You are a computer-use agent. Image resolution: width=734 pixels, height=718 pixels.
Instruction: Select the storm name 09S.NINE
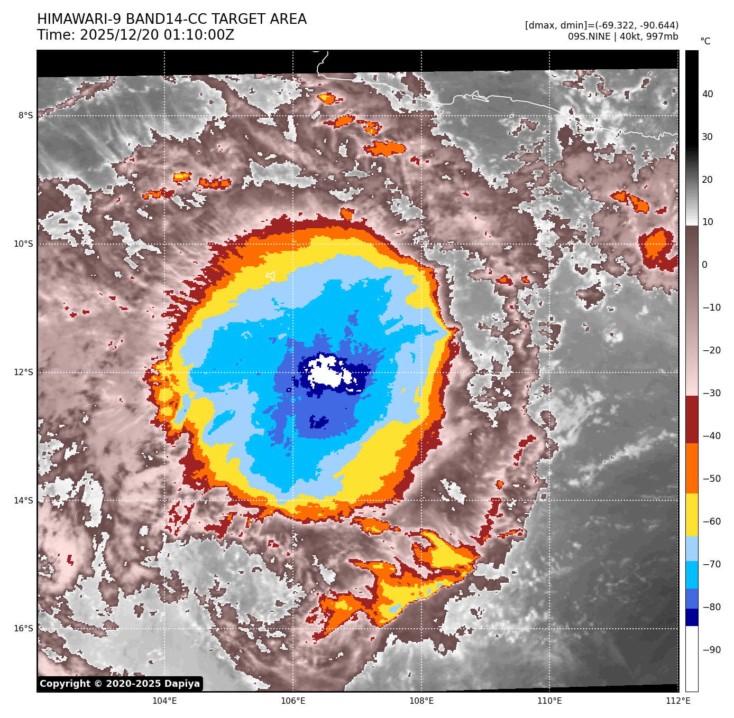coord(589,36)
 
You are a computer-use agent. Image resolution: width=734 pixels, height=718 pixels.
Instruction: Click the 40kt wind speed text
coord(628,36)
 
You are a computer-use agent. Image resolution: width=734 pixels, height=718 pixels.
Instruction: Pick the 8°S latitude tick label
coord(25,116)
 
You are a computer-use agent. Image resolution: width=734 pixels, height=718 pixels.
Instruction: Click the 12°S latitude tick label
coord(23,372)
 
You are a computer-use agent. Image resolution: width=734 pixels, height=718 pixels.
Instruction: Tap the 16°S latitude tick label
coord(23,628)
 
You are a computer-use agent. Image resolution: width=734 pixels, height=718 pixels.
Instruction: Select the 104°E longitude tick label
coord(164,701)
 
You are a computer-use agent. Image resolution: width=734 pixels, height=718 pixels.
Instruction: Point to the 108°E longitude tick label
coord(421,701)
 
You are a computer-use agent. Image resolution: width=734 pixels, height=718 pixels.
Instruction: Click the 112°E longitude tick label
coord(678,701)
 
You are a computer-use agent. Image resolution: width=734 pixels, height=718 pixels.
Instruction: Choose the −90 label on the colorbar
coord(711,650)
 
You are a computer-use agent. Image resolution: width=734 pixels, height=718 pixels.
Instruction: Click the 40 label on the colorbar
coord(708,94)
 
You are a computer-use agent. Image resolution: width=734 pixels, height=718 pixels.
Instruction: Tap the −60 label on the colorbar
coord(711,521)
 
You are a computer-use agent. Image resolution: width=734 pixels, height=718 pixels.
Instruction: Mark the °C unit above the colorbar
coord(705,41)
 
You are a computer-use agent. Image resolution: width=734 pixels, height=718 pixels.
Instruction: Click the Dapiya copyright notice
coord(120,684)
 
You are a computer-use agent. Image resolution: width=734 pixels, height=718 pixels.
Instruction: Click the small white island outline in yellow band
coord(271,276)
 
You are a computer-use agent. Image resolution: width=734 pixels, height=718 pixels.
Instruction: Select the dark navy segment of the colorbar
coord(692,617)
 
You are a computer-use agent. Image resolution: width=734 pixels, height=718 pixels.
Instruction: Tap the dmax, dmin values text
coord(602,25)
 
